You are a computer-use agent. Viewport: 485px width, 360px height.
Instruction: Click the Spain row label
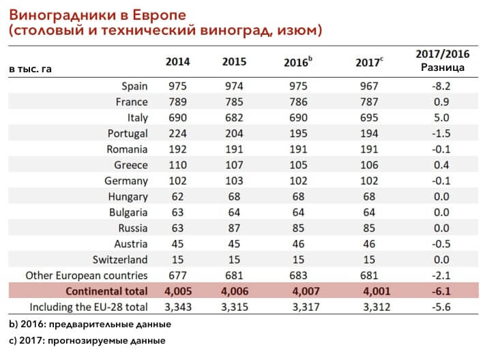click(x=134, y=87)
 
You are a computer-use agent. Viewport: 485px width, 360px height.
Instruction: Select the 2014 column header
click(x=177, y=62)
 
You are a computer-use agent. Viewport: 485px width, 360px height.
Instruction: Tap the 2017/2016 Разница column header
click(x=443, y=61)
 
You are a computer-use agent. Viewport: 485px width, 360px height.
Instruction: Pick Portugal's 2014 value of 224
click(x=177, y=134)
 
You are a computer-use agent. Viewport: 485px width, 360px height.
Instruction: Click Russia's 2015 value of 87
click(x=234, y=228)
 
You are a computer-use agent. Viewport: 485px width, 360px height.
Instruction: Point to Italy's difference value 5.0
click(x=441, y=117)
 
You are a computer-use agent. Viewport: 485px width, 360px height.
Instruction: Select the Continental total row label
click(x=106, y=291)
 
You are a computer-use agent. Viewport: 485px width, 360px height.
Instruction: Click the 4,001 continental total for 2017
click(x=377, y=291)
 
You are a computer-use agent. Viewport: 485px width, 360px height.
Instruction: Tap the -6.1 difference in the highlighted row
click(x=441, y=291)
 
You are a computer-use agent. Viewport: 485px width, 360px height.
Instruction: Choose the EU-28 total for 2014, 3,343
click(x=178, y=307)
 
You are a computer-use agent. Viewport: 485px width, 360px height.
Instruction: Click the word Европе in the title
click(x=160, y=15)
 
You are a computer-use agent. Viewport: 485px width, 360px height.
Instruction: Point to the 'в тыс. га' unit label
click(x=30, y=69)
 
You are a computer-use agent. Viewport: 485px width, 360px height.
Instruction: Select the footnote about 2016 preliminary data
click(x=90, y=324)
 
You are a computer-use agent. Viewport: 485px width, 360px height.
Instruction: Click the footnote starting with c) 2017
click(x=87, y=340)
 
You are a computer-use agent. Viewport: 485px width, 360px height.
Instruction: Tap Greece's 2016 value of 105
click(x=298, y=165)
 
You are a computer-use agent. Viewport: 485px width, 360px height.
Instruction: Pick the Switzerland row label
click(x=120, y=260)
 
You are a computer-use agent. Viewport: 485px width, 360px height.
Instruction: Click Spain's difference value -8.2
click(x=441, y=86)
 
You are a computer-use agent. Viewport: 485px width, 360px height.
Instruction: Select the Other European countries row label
click(x=87, y=275)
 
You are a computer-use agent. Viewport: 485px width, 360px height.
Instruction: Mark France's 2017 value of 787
click(x=369, y=102)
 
